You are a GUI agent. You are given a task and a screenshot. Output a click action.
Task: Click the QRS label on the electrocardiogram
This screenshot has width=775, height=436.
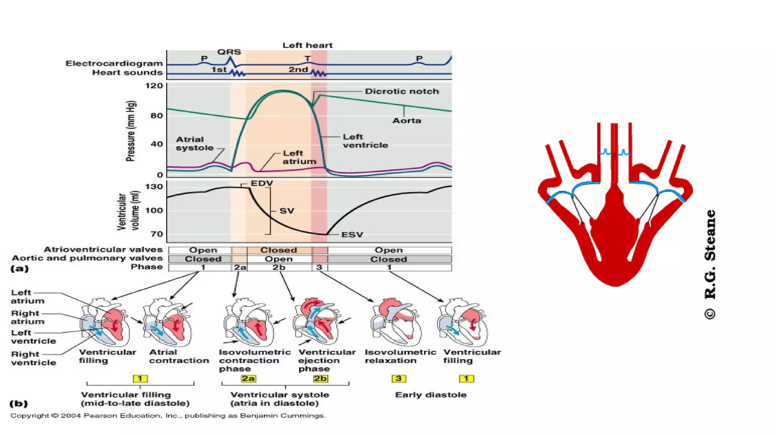pyautogui.click(x=229, y=52)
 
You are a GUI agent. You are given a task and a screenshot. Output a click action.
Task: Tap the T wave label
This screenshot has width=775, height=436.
pyautogui.click(x=307, y=59)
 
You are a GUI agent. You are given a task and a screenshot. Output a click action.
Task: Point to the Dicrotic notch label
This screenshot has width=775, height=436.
pyautogui.click(x=402, y=91)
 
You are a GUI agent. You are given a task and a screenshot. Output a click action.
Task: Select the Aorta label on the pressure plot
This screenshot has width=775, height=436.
pyautogui.click(x=406, y=120)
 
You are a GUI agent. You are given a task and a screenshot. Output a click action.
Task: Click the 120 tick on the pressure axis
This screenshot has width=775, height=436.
pyautogui.click(x=154, y=86)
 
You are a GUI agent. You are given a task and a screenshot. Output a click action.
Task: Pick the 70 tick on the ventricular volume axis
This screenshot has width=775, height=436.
pyautogui.click(x=157, y=234)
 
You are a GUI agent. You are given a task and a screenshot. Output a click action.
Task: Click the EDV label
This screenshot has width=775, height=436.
pyautogui.click(x=262, y=183)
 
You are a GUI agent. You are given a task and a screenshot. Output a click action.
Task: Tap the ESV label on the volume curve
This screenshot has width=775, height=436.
pyautogui.click(x=352, y=235)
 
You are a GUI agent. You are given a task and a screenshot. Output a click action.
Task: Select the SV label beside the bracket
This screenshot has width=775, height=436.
pyautogui.click(x=286, y=211)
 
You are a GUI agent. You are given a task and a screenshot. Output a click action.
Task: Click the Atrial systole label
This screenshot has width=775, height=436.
pyautogui.click(x=195, y=143)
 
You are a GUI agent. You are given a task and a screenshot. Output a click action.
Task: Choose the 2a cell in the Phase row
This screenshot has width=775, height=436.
pyautogui.click(x=240, y=267)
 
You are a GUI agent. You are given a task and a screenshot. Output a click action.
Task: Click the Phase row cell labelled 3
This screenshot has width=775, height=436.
pyautogui.click(x=319, y=267)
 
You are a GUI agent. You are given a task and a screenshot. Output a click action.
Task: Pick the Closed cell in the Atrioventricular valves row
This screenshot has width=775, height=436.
pyautogui.click(x=279, y=250)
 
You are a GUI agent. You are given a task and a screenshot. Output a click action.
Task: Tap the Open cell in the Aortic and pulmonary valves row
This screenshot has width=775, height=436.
pyautogui.click(x=279, y=259)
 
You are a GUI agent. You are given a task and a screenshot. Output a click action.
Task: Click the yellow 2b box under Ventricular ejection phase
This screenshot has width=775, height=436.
pyautogui.click(x=320, y=378)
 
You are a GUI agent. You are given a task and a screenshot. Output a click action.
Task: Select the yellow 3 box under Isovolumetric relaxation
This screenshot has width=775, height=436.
pyautogui.click(x=398, y=378)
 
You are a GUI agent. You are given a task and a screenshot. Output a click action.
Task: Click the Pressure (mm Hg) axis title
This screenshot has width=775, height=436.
pyautogui.click(x=130, y=131)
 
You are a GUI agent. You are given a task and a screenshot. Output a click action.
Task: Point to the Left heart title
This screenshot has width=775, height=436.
pyautogui.click(x=307, y=45)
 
